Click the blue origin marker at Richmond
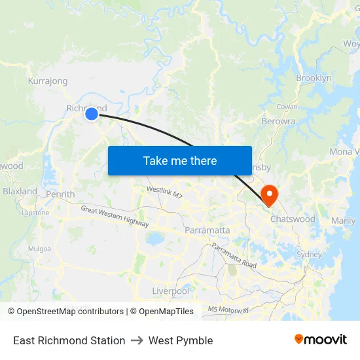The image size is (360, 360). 92,114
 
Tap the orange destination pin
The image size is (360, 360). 269,194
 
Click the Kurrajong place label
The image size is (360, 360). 48,81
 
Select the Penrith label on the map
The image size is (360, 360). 60,194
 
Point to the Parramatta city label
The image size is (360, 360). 207,230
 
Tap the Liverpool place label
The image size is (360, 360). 170,291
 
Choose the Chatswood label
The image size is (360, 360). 293,219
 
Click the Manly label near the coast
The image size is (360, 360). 343,221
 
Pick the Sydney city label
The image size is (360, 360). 309,254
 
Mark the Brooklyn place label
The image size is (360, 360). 314,78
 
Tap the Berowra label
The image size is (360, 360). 278,121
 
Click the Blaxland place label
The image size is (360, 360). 20,191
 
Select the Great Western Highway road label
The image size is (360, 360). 115,217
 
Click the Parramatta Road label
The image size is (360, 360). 234,255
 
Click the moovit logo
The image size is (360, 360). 320,340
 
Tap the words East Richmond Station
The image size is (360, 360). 69,340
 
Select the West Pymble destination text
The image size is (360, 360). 181,340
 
